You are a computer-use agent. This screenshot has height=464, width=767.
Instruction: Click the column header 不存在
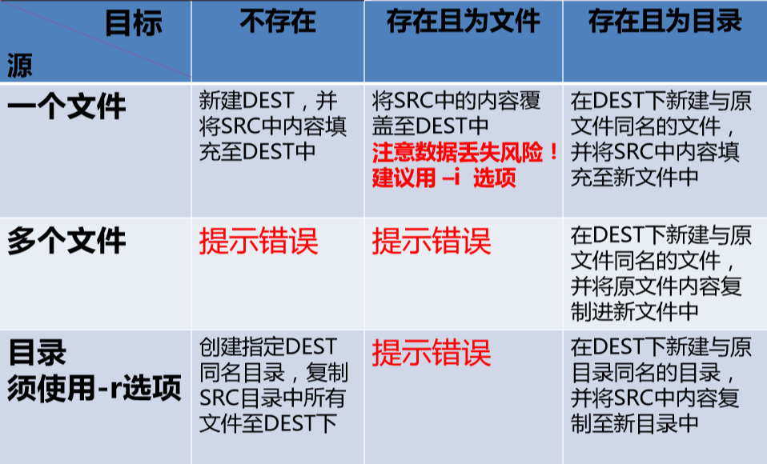(278, 22)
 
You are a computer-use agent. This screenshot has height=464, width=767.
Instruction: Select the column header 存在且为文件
(464, 22)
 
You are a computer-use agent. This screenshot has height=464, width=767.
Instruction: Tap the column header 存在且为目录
(665, 22)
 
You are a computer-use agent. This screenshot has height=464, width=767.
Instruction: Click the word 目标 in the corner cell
(133, 23)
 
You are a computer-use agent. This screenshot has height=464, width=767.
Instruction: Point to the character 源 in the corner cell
(20, 66)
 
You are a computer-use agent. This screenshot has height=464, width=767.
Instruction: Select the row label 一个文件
(66, 106)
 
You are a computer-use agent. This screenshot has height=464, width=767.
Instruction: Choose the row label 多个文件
(66, 241)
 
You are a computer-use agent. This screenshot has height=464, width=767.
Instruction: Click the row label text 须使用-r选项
(94, 388)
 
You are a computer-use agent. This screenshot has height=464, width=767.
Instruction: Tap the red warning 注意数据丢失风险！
(465, 153)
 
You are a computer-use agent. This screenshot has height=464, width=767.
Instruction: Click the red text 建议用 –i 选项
(444, 178)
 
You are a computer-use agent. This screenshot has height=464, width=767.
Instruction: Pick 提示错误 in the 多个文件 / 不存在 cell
(259, 241)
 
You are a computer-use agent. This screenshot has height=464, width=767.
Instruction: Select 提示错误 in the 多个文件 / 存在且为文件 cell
(432, 241)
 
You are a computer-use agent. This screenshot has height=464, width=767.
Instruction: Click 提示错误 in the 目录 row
(432, 353)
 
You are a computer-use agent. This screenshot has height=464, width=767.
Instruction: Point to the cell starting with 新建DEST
(272, 126)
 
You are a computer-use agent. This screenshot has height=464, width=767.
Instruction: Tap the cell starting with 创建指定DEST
(274, 385)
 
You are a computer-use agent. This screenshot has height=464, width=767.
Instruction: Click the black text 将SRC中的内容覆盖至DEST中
(456, 114)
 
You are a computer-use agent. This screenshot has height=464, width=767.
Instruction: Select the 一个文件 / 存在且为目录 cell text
(661, 139)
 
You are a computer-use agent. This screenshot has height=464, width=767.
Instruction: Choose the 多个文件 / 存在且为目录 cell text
(661, 274)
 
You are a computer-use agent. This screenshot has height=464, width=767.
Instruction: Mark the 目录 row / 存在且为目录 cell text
(661, 385)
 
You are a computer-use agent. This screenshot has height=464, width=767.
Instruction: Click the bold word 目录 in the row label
(37, 353)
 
